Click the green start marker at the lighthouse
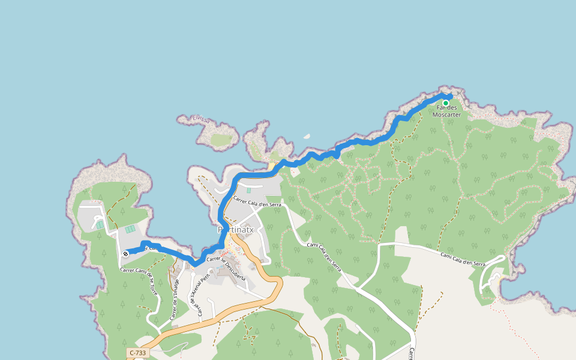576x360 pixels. coord(446,103)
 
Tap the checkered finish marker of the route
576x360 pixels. coord(126,253)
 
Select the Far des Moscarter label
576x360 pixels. coord(446,111)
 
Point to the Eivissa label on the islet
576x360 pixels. coord(202,120)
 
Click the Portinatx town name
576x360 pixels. coord(236,230)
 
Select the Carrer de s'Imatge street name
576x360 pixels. coord(174,299)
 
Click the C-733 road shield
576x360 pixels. coord(137,353)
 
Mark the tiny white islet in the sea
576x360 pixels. coord(307,136)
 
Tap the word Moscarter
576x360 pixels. coord(446,115)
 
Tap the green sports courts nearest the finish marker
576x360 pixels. coord(130,229)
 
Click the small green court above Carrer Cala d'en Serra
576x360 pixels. coord(249,190)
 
